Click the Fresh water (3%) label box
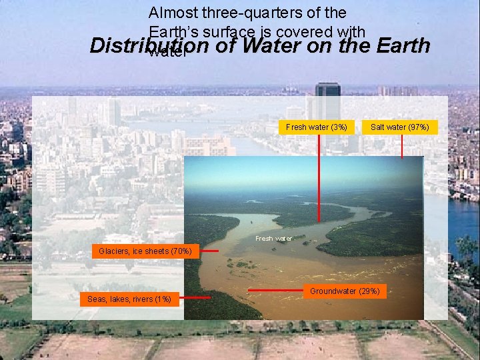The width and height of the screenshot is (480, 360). tap(317, 127)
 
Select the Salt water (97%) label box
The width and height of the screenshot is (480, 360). tap(400, 127)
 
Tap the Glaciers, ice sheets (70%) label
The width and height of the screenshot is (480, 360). tap(145, 251)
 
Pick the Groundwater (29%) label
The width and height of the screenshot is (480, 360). tap(345, 291)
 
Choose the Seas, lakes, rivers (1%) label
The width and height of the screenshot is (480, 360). tap(129, 299)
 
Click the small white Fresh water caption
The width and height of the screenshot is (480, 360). tap(273, 238)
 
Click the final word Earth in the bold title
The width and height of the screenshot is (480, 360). tap(403, 47)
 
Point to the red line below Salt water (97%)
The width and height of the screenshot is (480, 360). tap(402, 146)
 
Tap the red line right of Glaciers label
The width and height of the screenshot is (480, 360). tap(209, 251)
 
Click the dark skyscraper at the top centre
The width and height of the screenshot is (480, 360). tap(327, 100)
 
